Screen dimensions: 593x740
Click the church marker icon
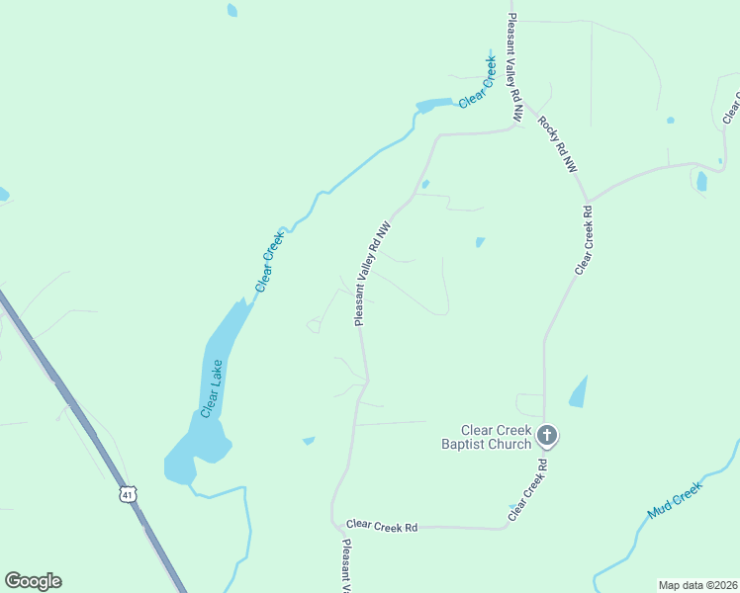[x=547, y=434]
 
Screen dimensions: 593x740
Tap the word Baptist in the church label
[x=464, y=444]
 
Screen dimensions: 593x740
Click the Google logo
[x=33, y=581]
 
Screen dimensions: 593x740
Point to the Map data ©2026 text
[x=697, y=585]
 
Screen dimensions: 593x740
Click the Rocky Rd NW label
[x=557, y=145]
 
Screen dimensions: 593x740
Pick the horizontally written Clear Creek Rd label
[x=382, y=526]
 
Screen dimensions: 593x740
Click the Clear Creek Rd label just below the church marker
[x=528, y=489]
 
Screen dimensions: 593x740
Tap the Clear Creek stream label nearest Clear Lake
[x=269, y=260]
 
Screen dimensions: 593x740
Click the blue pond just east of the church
[x=579, y=392]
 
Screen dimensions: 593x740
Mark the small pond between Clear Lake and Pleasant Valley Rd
[x=309, y=440]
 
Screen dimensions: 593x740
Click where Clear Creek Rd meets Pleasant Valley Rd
[x=334, y=524]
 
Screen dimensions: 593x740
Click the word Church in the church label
[x=511, y=444]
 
